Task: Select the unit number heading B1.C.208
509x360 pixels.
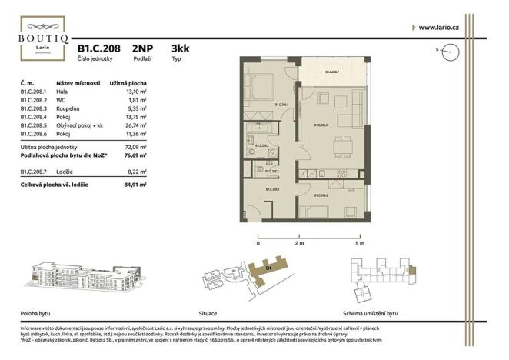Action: point(98,48)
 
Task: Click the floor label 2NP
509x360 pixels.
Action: point(143,48)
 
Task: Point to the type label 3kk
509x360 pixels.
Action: point(181,48)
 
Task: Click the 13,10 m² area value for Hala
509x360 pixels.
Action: point(136,92)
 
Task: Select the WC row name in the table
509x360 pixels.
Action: point(62,100)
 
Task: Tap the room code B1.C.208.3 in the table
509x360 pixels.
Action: point(35,108)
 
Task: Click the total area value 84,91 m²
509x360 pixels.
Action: point(135,185)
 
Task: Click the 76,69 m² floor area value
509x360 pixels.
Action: point(135,154)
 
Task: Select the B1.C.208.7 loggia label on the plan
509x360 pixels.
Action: point(331,72)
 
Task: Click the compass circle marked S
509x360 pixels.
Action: point(451,52)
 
